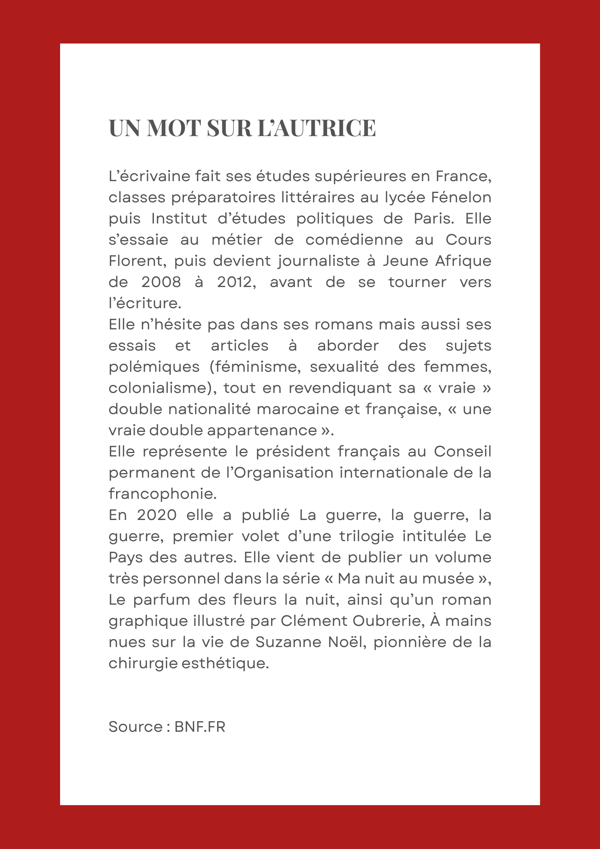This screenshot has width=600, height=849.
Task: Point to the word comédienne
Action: pyautogui.click(x=354, y=240)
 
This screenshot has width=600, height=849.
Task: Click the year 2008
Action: pyautogui.click(x=161, y=282)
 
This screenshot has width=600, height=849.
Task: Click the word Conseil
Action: pyautogui.click(x=462, y=452)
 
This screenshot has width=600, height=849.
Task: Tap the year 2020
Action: pyautogui.click(x=157, y=515)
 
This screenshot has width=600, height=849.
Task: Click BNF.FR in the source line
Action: pyautogui.click(x=200, y=727)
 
